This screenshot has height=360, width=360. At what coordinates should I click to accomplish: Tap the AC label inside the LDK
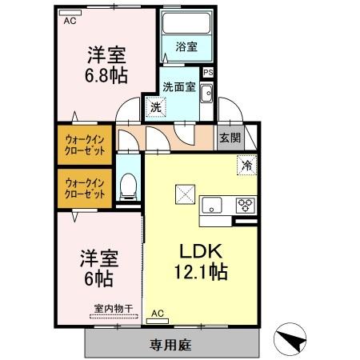tap(158, 313)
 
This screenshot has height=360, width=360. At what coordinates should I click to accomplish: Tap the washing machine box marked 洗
tap(153, 105)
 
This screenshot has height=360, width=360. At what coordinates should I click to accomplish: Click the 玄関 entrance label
tap(230, 137)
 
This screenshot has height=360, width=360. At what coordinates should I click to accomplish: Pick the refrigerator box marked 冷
tap(246, 166)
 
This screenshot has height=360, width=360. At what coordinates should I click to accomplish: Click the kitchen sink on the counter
tap(213, 203)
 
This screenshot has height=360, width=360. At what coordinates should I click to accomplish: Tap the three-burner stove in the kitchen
tap(245, 203)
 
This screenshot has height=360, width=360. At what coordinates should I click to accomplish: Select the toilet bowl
tap(126, 189)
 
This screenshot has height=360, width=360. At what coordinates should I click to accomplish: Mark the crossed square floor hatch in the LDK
tap(185, 194)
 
